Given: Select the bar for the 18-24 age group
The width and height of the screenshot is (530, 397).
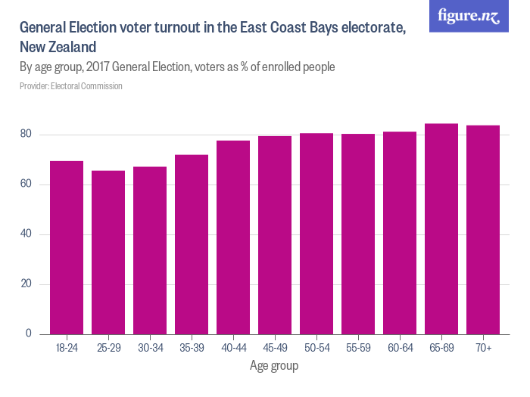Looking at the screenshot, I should pos(67,247).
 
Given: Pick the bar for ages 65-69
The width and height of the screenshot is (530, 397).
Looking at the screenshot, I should pos(441,228).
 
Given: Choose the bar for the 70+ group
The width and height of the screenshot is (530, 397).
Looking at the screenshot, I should pos(483,229).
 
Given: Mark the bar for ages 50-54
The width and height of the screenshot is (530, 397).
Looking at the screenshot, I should pos(316,233).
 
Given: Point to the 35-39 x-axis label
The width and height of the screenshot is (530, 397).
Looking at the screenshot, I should pos(192,348).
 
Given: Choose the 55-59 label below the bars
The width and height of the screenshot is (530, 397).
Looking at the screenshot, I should pos(358,348).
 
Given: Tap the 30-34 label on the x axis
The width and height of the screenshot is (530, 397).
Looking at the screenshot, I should pos(150,348).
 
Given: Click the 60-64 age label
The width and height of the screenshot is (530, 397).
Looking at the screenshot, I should pos(400,348).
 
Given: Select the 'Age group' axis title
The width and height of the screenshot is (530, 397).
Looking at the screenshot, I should pos(274,366).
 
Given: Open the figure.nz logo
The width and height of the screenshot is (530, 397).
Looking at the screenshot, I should pos(469,16).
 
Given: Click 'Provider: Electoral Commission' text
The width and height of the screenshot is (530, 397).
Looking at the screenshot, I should pos(71,86).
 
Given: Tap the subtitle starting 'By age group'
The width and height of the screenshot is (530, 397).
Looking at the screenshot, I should pos(177,67).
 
